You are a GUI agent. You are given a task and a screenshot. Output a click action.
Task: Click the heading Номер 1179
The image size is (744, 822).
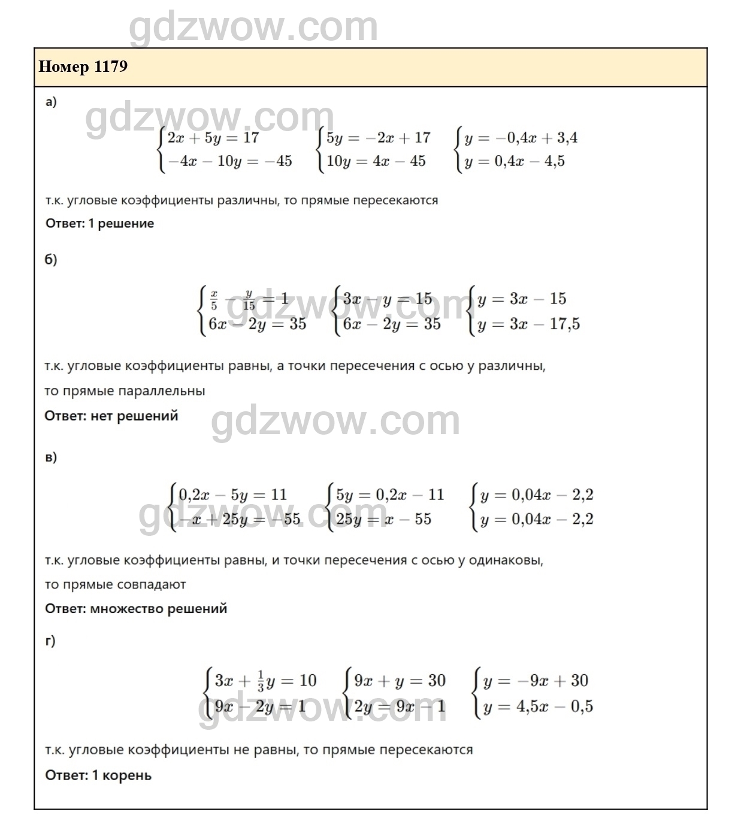pyautogui.click(x=83, y=66)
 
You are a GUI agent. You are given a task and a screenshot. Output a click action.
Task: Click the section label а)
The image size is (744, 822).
pyautogui.click(x=51, y=102)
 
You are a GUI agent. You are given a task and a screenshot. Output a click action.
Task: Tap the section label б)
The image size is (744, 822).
pyautogui.click(x=51, y=260)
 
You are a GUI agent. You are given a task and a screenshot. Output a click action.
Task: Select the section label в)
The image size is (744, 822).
pyautogui.click(x=51, y=457)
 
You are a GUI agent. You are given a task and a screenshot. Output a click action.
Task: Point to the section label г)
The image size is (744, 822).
pyautogui.click(x=50, y=641)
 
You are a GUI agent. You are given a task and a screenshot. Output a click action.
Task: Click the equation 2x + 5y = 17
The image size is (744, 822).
pyautogui.click(x=213, y=138)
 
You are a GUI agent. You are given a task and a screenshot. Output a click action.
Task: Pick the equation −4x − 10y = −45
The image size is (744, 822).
pyautogui.click(x=230, y=162)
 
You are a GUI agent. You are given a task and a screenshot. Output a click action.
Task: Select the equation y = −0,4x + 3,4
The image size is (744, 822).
pyautogui.click(x=521, y=138)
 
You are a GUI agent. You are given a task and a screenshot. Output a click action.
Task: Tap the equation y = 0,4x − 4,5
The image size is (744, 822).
pyautogui.click(x=514, y=162)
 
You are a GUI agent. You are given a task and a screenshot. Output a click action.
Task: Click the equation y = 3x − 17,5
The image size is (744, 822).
pyautogui.click(x=528, y=324)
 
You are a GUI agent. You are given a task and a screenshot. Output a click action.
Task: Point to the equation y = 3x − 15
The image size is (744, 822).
pyautogui.click(x=521, y=299)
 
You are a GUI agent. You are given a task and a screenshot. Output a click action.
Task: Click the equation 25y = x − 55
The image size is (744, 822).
pyautogui.click(x=383, y=520)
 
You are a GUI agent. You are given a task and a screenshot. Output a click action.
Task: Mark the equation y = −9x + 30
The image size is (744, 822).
pyautogui.click(x=536, y=681)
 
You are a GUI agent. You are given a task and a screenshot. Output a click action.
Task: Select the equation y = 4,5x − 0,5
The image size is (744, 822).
pyautogui.click(x=538, y=707)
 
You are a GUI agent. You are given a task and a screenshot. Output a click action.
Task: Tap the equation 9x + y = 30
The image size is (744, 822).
pyautogui.click(x=400, y=681)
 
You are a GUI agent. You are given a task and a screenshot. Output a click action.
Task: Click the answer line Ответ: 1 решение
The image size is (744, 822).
pyautogui.click(x=99, y=224)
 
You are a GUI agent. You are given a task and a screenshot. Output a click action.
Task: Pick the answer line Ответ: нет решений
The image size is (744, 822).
pyautogui.click(x=111, y=416)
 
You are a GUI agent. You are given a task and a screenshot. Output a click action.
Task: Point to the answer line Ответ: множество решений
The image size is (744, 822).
pyautogui.click(x=136, y=609)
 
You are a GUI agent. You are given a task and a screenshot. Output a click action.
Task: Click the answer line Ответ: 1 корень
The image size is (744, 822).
pyautogui.click(x=98, y=776)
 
